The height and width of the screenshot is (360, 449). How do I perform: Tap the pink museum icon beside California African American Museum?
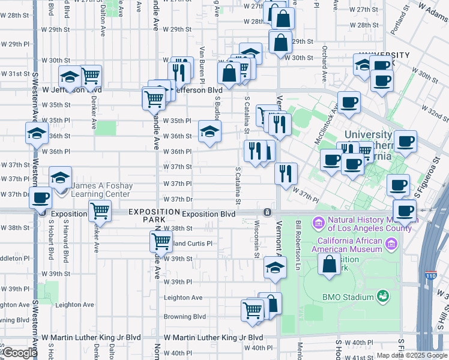click(x=392, y=244)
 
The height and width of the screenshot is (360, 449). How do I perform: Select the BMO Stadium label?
click(x=348, y=296)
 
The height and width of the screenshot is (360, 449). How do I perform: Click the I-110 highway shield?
click(x=432, y=275)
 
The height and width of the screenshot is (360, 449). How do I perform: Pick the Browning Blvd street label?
click(x=185, y=316)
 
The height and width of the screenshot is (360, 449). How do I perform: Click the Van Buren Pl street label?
click(x=203, y=65)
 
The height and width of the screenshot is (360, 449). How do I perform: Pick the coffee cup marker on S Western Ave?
click(x=41, y=197)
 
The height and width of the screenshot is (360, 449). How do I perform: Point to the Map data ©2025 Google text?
click(x=411, y=355)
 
